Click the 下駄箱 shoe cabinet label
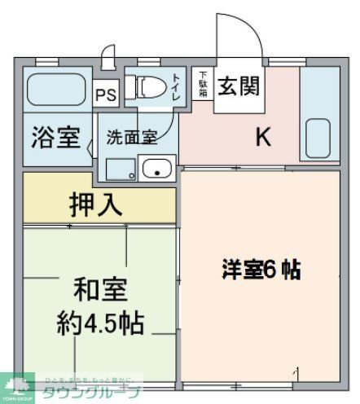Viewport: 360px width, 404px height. (203, 85)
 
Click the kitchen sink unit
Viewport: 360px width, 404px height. (318, 114)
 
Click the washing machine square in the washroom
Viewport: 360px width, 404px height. (121, 168)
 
